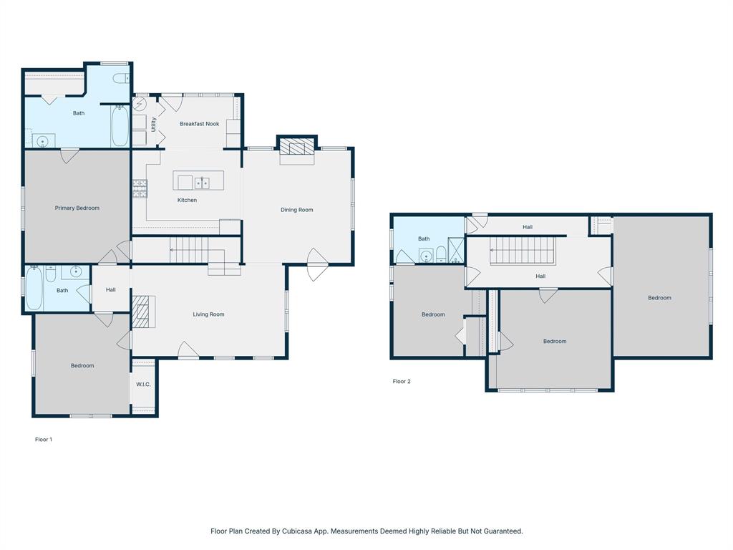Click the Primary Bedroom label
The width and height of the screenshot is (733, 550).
[77, 208]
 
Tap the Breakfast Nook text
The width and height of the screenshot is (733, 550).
[199, 124]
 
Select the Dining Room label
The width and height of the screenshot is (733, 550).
[296, 210]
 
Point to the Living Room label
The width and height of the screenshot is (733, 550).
[208, 314]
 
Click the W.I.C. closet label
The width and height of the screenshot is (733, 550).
[143, 385]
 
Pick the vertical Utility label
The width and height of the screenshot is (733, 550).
[153, 124]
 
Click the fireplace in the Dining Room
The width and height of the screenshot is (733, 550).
[296, 148]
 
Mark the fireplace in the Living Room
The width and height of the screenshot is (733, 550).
[142, 312]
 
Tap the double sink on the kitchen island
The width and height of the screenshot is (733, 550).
[202, 183]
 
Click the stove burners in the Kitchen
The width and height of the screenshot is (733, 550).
[139, 188]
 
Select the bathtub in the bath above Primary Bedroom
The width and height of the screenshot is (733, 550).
[120, 126]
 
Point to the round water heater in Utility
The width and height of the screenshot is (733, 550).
[140, 104]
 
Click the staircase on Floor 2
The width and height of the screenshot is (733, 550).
[523, 251]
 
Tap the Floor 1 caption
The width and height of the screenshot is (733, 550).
[44, 440]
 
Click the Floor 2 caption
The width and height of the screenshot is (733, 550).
[402, 382]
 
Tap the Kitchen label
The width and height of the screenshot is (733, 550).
[187, 200]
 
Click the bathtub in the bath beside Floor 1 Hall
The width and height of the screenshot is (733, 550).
[34, 289]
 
